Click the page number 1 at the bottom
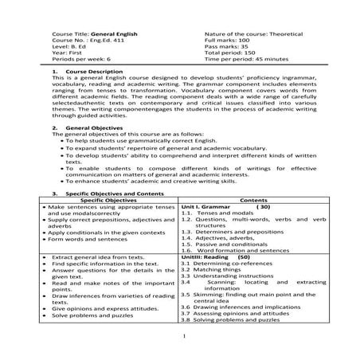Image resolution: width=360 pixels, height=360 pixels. click(182, 350)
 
